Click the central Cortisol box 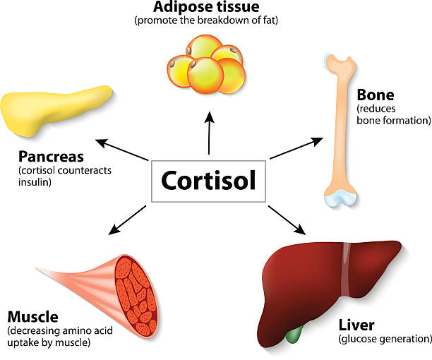tap(208, 181)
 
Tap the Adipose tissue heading tap(206, 8)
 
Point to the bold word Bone tap(375, 95)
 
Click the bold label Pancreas tap(52, 155)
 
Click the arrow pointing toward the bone tap(296, 148)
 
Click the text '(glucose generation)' tap(385, 340)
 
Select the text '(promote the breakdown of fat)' tap(206, 20)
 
